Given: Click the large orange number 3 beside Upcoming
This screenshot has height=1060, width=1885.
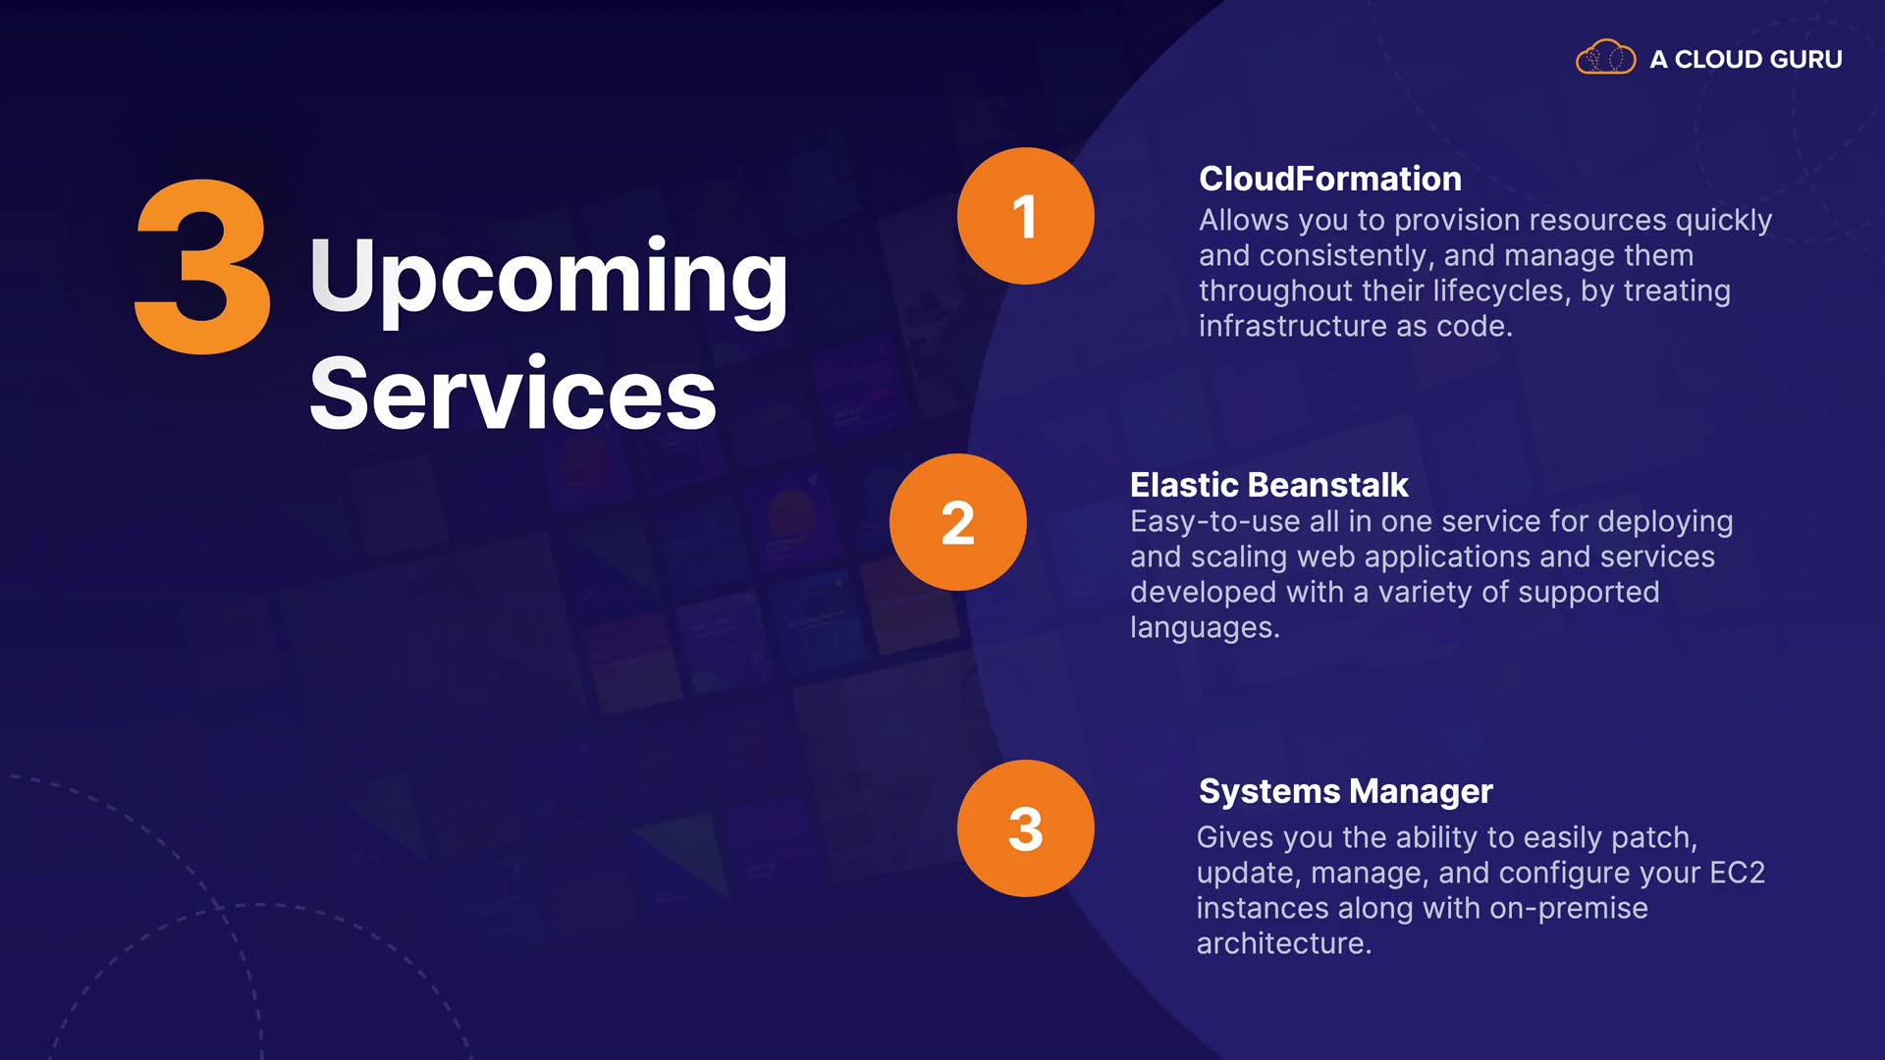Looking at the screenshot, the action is coord(203,266).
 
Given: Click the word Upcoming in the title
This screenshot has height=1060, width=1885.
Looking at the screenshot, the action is coord(548,280).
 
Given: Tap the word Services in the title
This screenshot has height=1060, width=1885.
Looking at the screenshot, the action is coord(512,393).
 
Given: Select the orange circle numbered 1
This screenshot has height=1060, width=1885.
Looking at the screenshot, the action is coord(1025,216).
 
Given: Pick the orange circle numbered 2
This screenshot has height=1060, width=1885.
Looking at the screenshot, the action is coord(958,522).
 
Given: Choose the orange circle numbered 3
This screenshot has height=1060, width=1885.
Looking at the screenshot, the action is coord(1025,828).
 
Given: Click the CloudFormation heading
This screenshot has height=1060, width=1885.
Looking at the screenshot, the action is coord(1330,179).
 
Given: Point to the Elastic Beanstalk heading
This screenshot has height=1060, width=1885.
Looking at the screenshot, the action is coord(1268,485).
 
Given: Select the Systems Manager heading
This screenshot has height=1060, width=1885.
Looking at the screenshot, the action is coord(1345,791).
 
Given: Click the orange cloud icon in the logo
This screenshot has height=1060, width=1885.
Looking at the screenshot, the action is coord(1605,58).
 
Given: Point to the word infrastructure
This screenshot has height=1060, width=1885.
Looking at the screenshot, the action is coord(1293,326).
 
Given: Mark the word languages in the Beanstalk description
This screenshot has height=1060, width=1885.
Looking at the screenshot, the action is coord(1205,628).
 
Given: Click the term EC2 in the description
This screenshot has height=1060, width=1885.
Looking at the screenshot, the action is coord(1737,873).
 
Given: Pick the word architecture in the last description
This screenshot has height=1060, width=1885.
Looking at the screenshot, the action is coord(1283,944).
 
